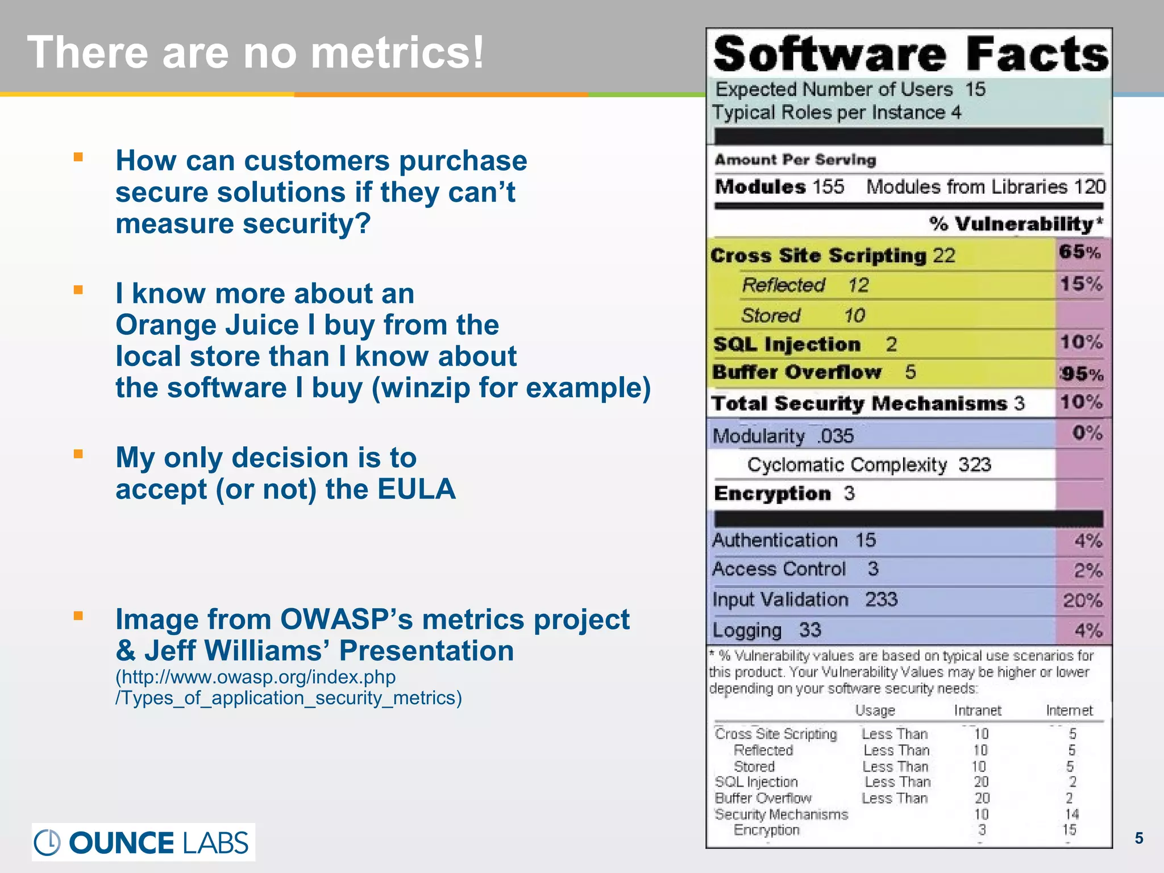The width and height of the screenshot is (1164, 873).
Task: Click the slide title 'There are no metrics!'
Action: [256, 52]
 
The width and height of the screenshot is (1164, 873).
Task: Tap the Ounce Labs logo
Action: [143, 842]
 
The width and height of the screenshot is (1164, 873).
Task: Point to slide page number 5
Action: [1138, 838]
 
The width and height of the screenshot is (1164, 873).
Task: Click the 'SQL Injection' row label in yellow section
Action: [787, 344]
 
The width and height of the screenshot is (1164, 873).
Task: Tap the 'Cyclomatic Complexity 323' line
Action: [869, 465]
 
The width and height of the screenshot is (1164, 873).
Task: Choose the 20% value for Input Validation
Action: [1082, 600]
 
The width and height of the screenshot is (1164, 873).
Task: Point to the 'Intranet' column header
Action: [978, 710]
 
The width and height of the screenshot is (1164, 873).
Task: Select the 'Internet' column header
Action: [1069, 710]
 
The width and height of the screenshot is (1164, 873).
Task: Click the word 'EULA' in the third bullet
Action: [416, 489]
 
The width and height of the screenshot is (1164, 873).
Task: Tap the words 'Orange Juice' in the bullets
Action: [207, 325]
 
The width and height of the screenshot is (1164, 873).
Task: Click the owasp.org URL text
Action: [255, 677]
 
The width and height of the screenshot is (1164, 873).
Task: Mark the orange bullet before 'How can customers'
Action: [78, 157]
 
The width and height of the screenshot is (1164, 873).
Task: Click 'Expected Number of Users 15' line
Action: [850, 89]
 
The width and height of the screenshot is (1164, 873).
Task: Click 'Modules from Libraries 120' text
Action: [986, 187]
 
